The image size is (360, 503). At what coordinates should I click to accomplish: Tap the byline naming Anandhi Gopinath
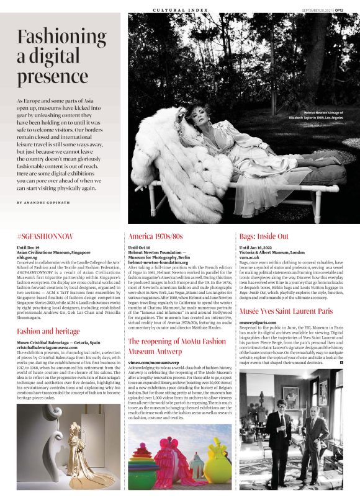pos(43,203)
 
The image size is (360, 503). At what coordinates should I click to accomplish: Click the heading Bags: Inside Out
pos(264,237)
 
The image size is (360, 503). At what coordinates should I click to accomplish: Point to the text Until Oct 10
pos(140,247)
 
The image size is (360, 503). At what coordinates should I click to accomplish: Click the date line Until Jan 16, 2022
pos(260,247)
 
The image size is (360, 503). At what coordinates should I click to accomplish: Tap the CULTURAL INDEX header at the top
pos(181,10)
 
